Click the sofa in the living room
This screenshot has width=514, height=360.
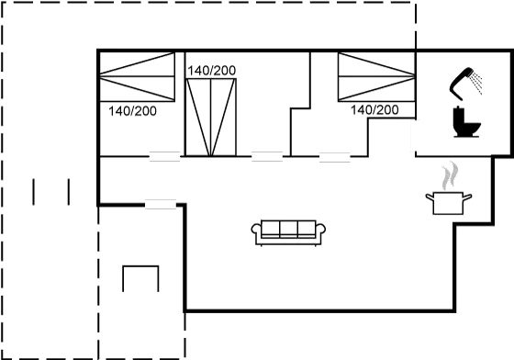pyautogui.click(x=287, y=231)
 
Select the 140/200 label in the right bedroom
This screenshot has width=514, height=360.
pyautogui.click(x=374, y=110)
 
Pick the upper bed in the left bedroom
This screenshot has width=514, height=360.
pyautogui.click(x=137, y=65)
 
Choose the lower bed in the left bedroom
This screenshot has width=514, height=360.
pyautogui.click(x=137, y=89)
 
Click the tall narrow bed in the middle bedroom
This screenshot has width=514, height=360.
pyautogui.click(x=210, y=116)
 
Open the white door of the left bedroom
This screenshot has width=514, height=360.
pyautogui.click(x=164, y=157)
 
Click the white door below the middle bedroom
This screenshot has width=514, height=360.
pyautogui.click(x=266, y=157)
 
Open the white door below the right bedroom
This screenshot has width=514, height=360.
pyautogui.click(x=334, y=157)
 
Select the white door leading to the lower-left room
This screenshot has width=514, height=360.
pyautogui.click(x=160, y=204)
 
